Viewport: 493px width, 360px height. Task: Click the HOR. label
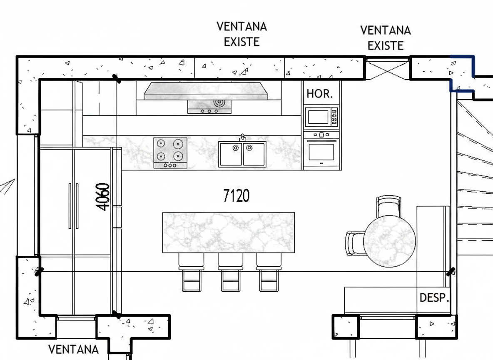click(x=319, y=93)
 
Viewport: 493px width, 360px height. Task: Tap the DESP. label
click(x=434, y=297)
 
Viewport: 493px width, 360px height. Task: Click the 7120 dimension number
click(x=237, y=195)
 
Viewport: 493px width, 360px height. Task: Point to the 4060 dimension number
click(x=103, y=197)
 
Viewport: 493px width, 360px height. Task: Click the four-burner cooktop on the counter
click(x=170, y=153)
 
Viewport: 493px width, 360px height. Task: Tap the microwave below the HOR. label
click(x=321, y=117)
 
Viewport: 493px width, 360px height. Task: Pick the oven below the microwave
click(x=321, y=150)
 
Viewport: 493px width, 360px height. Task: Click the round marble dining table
click(x=390, y=241)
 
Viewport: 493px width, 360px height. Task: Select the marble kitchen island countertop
click(x=229, y=232)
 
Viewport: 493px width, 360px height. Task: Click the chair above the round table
click(x=389, y=205)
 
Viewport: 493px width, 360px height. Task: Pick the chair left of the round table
click(x=355, y=243)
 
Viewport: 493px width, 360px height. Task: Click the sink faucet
click(x=242, y=137)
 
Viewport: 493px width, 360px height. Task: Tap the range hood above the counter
click(x=206, y=91)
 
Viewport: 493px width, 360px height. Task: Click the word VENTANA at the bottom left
click(x=73, y=349)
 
